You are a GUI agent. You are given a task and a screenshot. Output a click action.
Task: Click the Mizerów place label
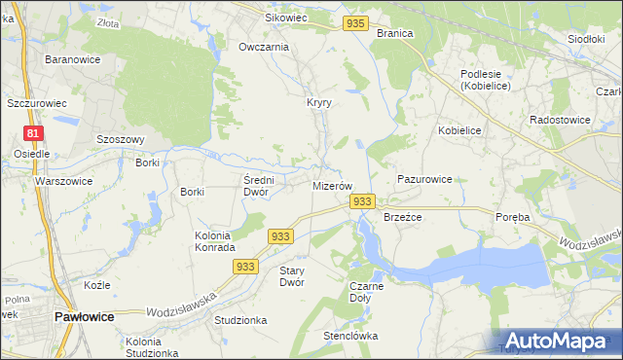(331, 185)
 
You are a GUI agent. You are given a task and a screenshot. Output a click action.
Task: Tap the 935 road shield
(356, 22)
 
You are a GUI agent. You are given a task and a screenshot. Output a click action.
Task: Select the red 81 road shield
(34, 133)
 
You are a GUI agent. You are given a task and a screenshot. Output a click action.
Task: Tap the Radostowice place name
(560, 119)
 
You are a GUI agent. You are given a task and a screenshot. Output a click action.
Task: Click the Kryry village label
(320, 102)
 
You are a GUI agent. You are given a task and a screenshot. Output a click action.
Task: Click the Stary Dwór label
(292, 276)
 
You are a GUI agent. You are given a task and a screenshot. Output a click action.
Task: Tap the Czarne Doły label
(366, 292)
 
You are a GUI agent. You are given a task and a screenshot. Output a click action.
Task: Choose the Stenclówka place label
(350, 336)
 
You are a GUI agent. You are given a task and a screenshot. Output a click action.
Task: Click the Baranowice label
(69, 59)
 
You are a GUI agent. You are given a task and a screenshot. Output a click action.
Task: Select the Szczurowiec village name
(36, 102)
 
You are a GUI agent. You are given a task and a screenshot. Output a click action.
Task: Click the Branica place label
(394, 32)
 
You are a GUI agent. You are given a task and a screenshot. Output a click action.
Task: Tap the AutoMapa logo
(560, 342)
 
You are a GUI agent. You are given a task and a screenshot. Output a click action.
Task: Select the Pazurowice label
(424, 180)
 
